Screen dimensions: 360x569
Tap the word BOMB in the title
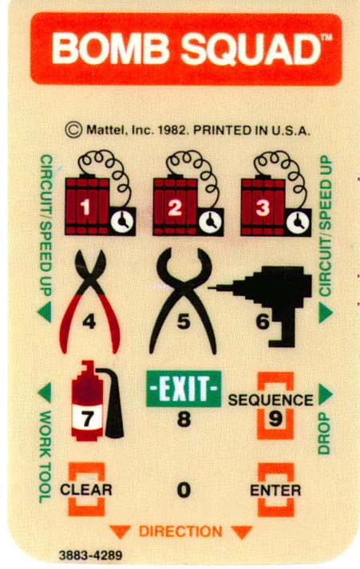pyautogui.click(x=110, y=48)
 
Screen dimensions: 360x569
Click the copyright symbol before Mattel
pyautogui.click(x=73, y=130)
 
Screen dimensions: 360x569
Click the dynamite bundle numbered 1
pyautogui.click(x=87, y=206)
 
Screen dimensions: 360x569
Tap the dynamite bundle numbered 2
pyautogui.click(x=176, y=206)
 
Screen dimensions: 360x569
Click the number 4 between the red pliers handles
pyautogui.click(x=89, y=322)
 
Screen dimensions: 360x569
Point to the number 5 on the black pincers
pyautogui.click(x=184, y=321)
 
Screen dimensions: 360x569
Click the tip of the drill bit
pyautogui.click(x=209, y=287)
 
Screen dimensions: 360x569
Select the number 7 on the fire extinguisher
pyautogui.click(x=87, y=420)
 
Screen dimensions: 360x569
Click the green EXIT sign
pyautogui.click(x=184, y=389)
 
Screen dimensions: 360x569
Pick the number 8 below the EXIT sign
pyautogui.click(x=184, y=419)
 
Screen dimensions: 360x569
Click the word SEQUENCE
pyautogui.click(x=271, y=400)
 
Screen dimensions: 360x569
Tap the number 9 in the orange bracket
pyautogui.click(x=275, y=419)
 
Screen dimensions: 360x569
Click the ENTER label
pyautogui.click(x=275, y=491)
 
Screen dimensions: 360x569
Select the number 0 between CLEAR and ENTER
pyautogui.click(x=184, y=490)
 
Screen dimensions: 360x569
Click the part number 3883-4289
pyautogui.click(x=91, y=555)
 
